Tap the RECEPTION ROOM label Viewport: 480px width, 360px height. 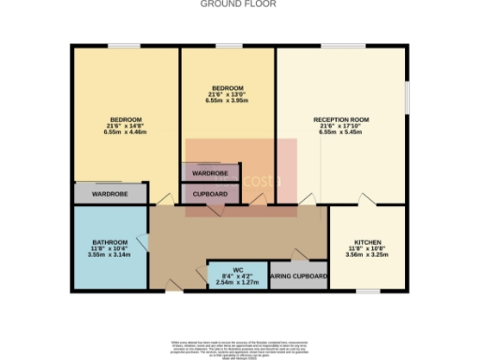coord(340,120)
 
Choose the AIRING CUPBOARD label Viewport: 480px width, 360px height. coord(298,277)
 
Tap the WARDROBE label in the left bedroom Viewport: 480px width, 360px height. coord(110,194)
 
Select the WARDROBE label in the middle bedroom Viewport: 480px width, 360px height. coord(210,173)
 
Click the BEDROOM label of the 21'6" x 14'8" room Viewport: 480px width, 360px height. coord(126,120)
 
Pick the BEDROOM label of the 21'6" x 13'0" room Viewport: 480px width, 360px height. coord(228,88)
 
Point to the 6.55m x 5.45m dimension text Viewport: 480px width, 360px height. coord(340,133)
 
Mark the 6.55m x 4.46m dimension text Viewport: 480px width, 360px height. coord(126,133)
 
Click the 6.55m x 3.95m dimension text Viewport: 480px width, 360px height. coord(228,101)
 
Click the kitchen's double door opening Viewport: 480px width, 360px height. coord(367,202)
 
